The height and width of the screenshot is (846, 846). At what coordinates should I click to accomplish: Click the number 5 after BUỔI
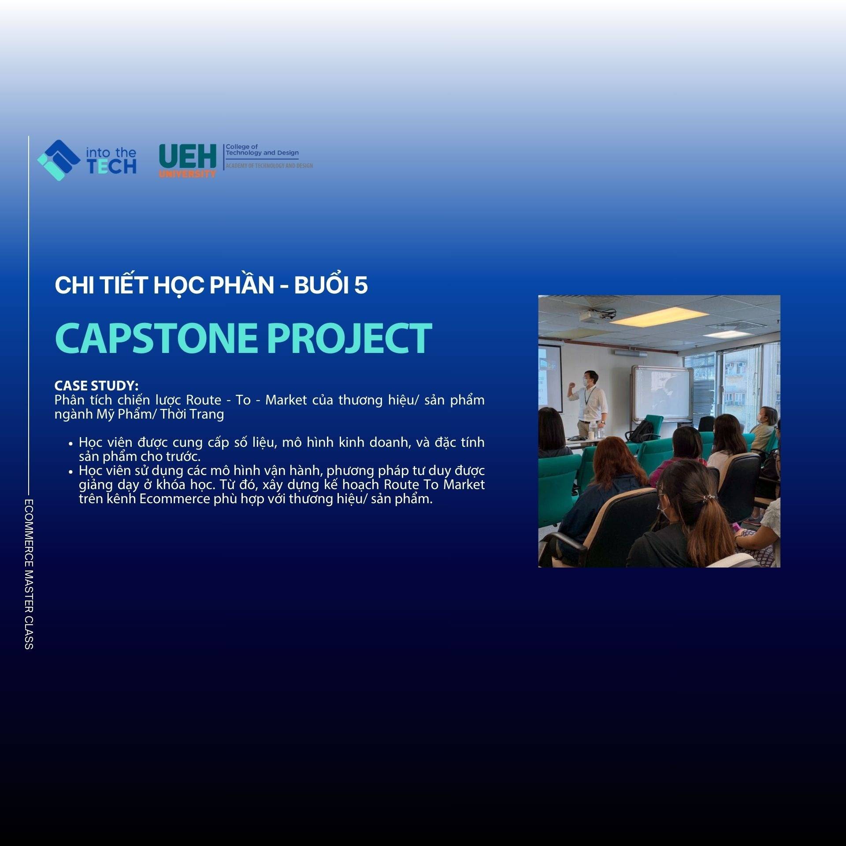[x=361, y=286]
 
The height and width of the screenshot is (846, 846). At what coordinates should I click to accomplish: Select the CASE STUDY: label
[x=96, y=386]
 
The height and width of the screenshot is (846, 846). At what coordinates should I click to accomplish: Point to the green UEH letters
[x=188, y=156]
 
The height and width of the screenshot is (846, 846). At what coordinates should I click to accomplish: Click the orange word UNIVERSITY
[x=188, y=174]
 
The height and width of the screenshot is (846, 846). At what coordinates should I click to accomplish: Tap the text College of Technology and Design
[x=262, y=150]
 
